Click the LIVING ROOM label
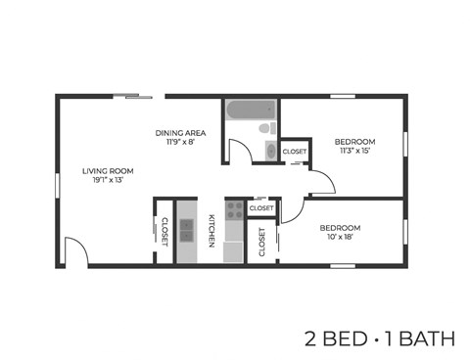[108, 171]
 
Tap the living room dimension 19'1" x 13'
[108, 181]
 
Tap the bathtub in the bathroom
[251, 111]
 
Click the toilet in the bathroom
[264, 130]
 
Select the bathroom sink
[270, 151]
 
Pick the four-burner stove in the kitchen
[234, 208]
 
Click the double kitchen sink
[186, 231]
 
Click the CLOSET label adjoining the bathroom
[294, 153]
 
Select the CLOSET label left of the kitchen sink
[164, 231]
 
